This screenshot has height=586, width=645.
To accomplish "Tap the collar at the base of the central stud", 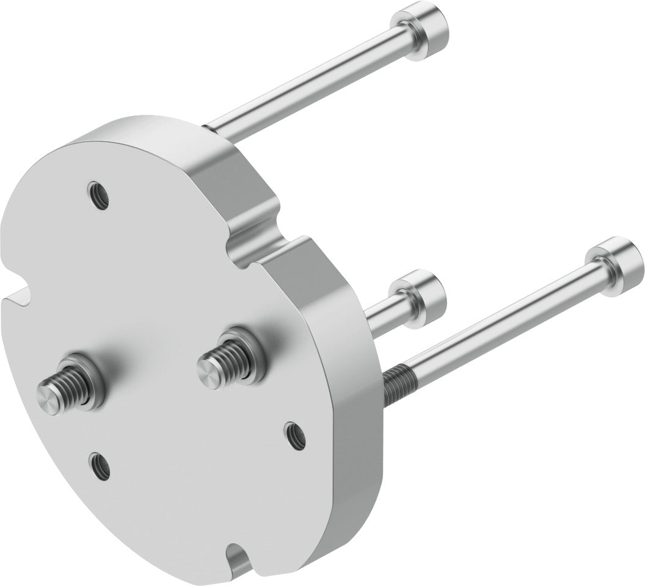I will [x=244, y=354].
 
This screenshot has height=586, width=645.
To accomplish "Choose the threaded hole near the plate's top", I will [x=98, y=195].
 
